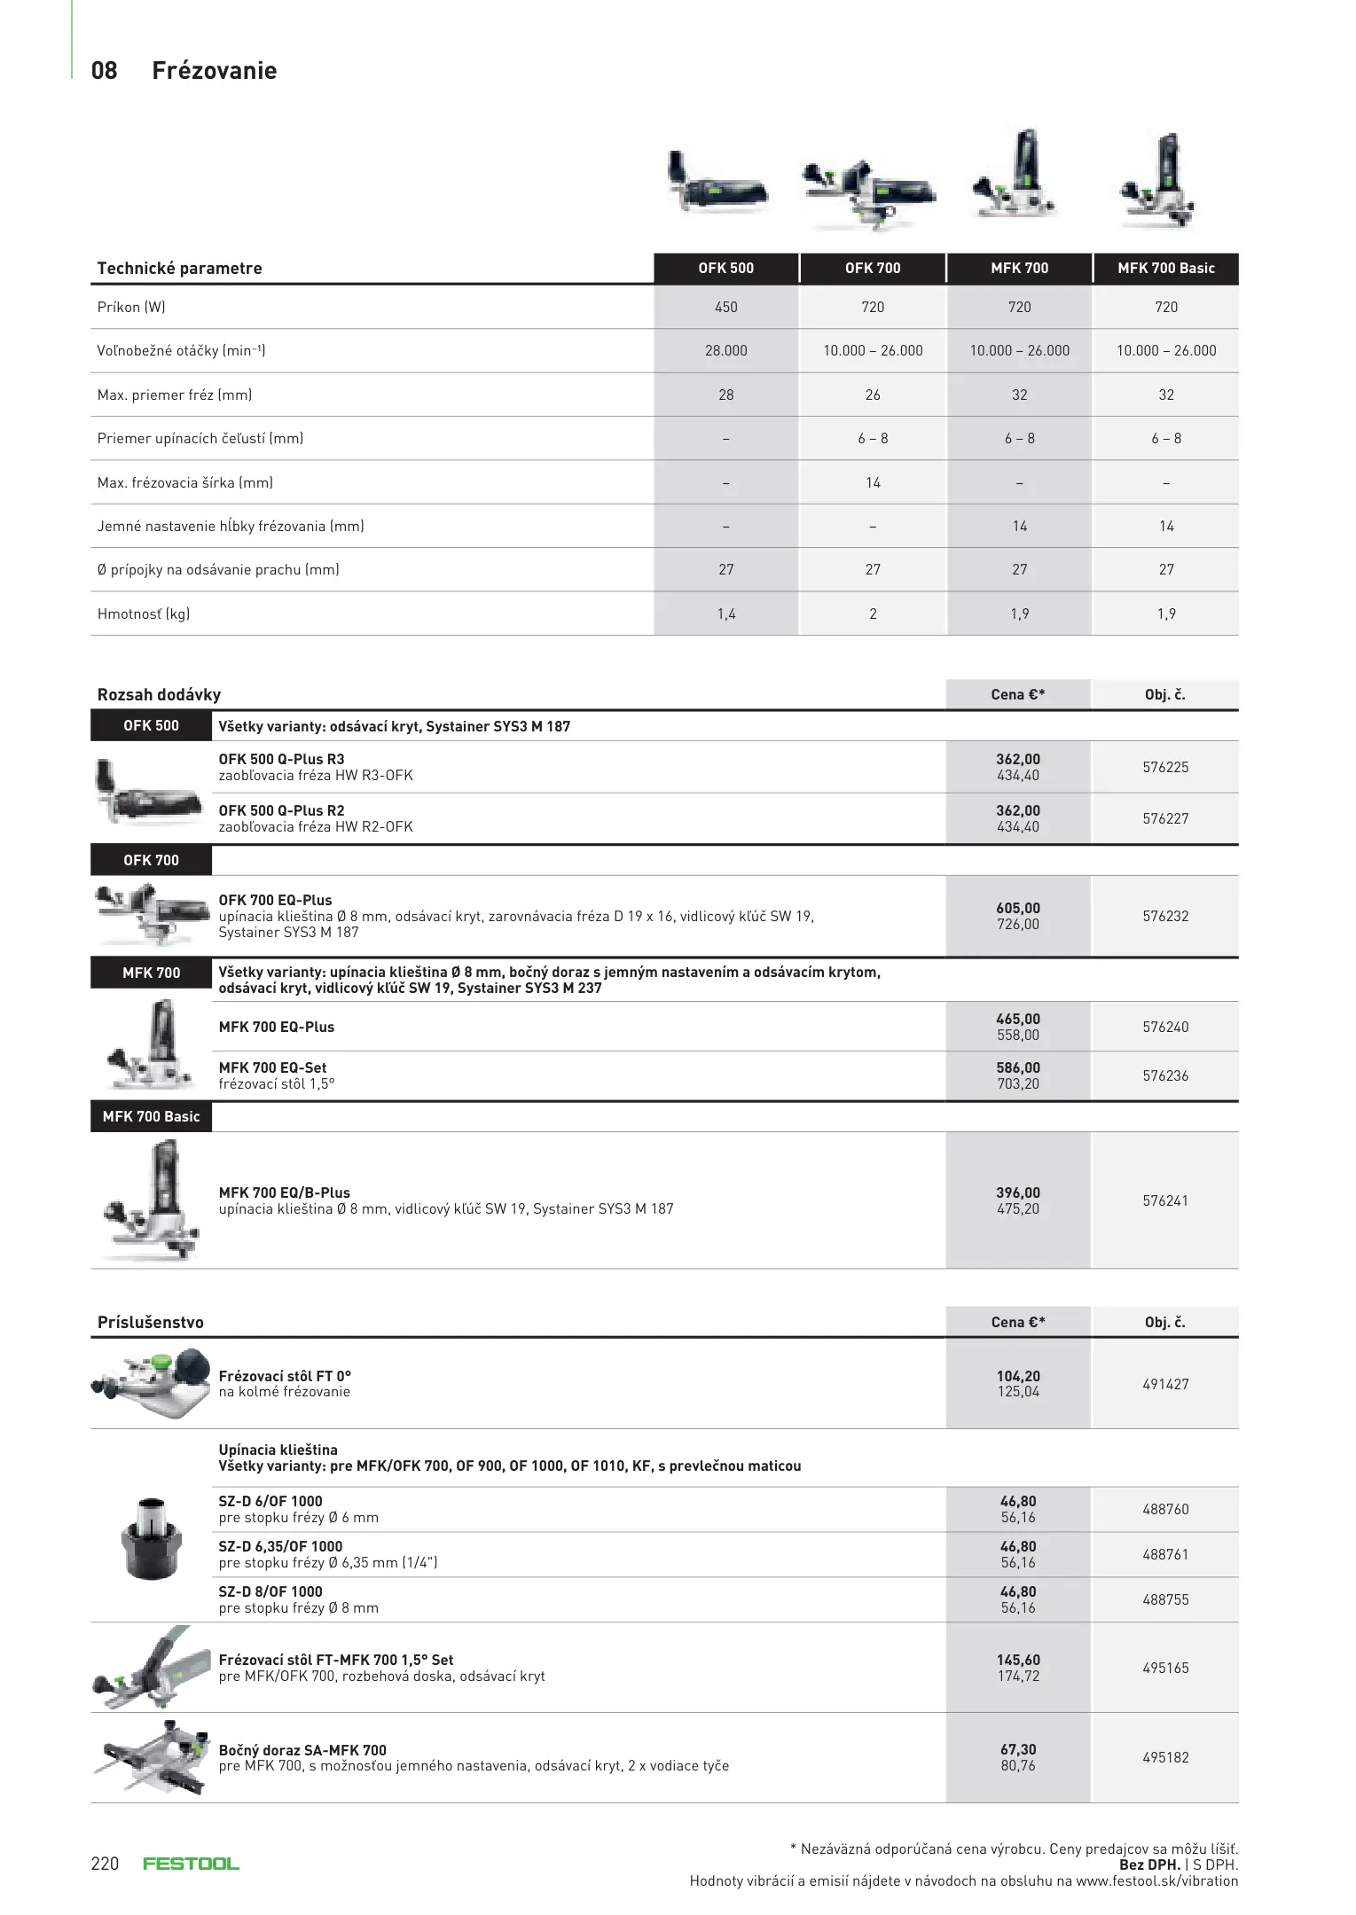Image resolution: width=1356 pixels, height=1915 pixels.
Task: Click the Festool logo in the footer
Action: coord(191,1864)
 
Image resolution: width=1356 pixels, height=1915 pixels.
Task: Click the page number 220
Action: coord(105,1864)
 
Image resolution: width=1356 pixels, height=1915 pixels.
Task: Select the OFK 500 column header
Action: coord(725,268)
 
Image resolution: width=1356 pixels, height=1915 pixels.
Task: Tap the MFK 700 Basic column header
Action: coord(1165,268)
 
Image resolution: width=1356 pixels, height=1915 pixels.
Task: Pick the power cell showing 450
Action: coord(725,307)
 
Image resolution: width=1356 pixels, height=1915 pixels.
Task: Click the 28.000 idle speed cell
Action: coord(725,350)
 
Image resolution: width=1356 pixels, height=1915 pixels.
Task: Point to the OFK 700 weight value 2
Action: coord(873,614)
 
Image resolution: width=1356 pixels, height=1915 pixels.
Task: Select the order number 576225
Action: coord(1165,767)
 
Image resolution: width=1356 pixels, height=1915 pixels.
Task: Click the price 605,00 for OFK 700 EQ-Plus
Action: coord(1018,908)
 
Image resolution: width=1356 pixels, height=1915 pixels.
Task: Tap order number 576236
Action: coord(1165,1075)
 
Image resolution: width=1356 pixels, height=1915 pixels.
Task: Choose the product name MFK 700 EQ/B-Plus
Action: coord(285,1192)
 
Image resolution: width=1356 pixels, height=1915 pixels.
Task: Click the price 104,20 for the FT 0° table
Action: coord(1018,1376)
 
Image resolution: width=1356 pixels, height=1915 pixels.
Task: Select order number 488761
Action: coord(1165,1554)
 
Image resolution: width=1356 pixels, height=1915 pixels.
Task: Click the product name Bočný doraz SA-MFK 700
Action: coord(302,1750)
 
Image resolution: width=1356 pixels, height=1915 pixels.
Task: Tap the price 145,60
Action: coord(1018,1660)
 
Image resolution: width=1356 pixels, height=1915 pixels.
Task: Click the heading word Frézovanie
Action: coord(214,71)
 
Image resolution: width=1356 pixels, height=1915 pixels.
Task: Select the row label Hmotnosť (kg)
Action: coord(144,614)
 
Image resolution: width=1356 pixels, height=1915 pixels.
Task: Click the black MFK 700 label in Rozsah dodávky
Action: coord(151,973)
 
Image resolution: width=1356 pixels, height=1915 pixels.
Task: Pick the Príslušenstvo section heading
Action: coord(151,1322)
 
